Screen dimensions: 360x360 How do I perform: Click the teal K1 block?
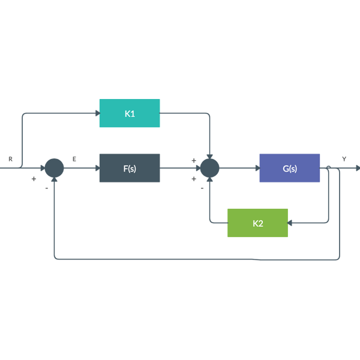129,113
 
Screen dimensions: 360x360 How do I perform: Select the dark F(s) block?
129,168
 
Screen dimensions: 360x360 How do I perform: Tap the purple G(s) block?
289,168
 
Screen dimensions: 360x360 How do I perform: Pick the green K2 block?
257,223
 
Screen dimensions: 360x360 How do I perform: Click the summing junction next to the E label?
55,168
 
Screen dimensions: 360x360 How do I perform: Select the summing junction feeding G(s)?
209,168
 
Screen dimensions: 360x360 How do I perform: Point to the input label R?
10,159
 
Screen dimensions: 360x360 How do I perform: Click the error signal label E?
74,159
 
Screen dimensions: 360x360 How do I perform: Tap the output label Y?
344,159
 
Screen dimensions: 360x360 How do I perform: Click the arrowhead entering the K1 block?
96,113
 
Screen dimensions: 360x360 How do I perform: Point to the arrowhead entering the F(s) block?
96,168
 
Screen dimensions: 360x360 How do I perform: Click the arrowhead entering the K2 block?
291,223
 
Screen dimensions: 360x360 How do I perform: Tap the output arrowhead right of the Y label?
357,168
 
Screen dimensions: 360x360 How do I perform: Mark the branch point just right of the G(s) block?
328,168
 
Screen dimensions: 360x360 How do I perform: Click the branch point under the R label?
22,168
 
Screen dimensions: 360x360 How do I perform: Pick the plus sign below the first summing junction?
34,179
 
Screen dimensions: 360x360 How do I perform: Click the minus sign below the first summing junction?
46,188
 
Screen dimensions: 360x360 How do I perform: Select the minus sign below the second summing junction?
202,188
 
